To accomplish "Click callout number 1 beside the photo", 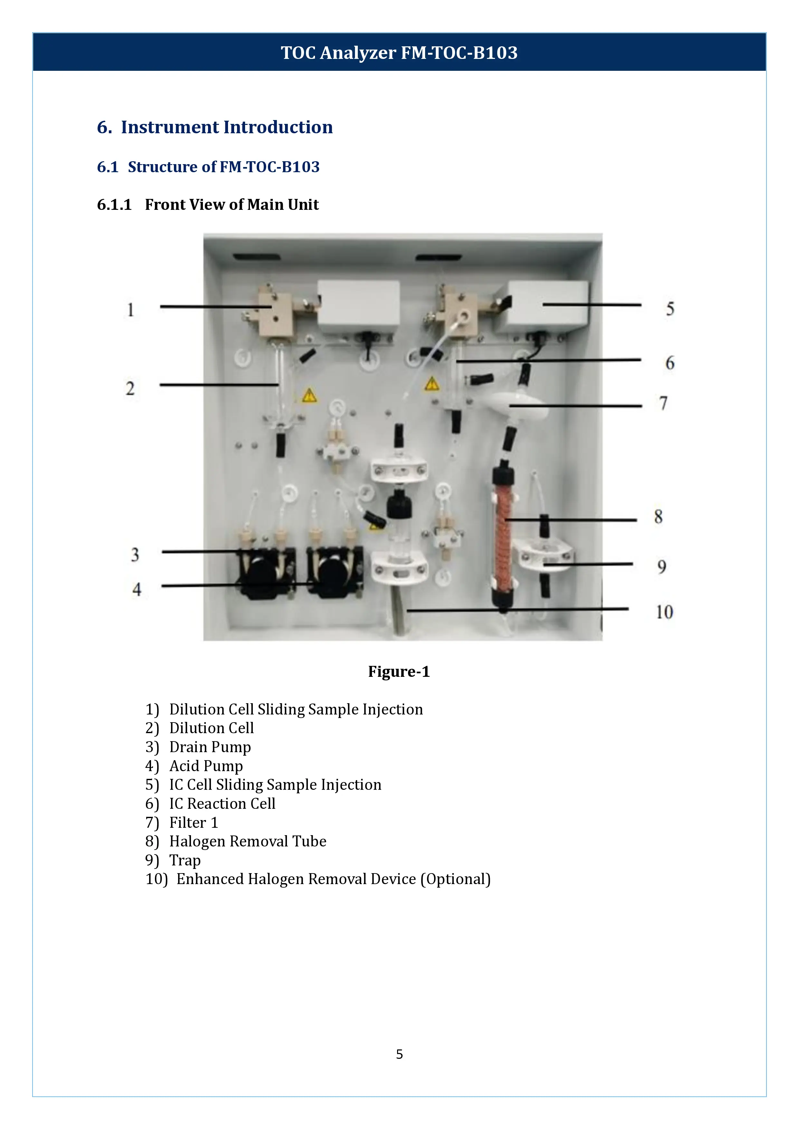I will tap(130, 310).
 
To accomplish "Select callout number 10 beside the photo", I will tap(664, 612).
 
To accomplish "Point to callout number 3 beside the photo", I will tap(135, 555).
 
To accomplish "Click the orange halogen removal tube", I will tap(503, 536).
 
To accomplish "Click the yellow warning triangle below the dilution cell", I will tap(309, 395).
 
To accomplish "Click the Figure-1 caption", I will tap(399, 672).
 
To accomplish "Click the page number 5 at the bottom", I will tap(399, 1054).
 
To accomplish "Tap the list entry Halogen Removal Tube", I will tap(247, 841).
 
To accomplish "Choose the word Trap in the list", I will tap(185, 861).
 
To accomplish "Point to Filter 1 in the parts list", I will tap(193, 823).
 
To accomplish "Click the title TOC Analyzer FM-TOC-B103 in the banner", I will tap(399, 52).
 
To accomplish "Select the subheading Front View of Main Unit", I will tap(232, 205).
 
